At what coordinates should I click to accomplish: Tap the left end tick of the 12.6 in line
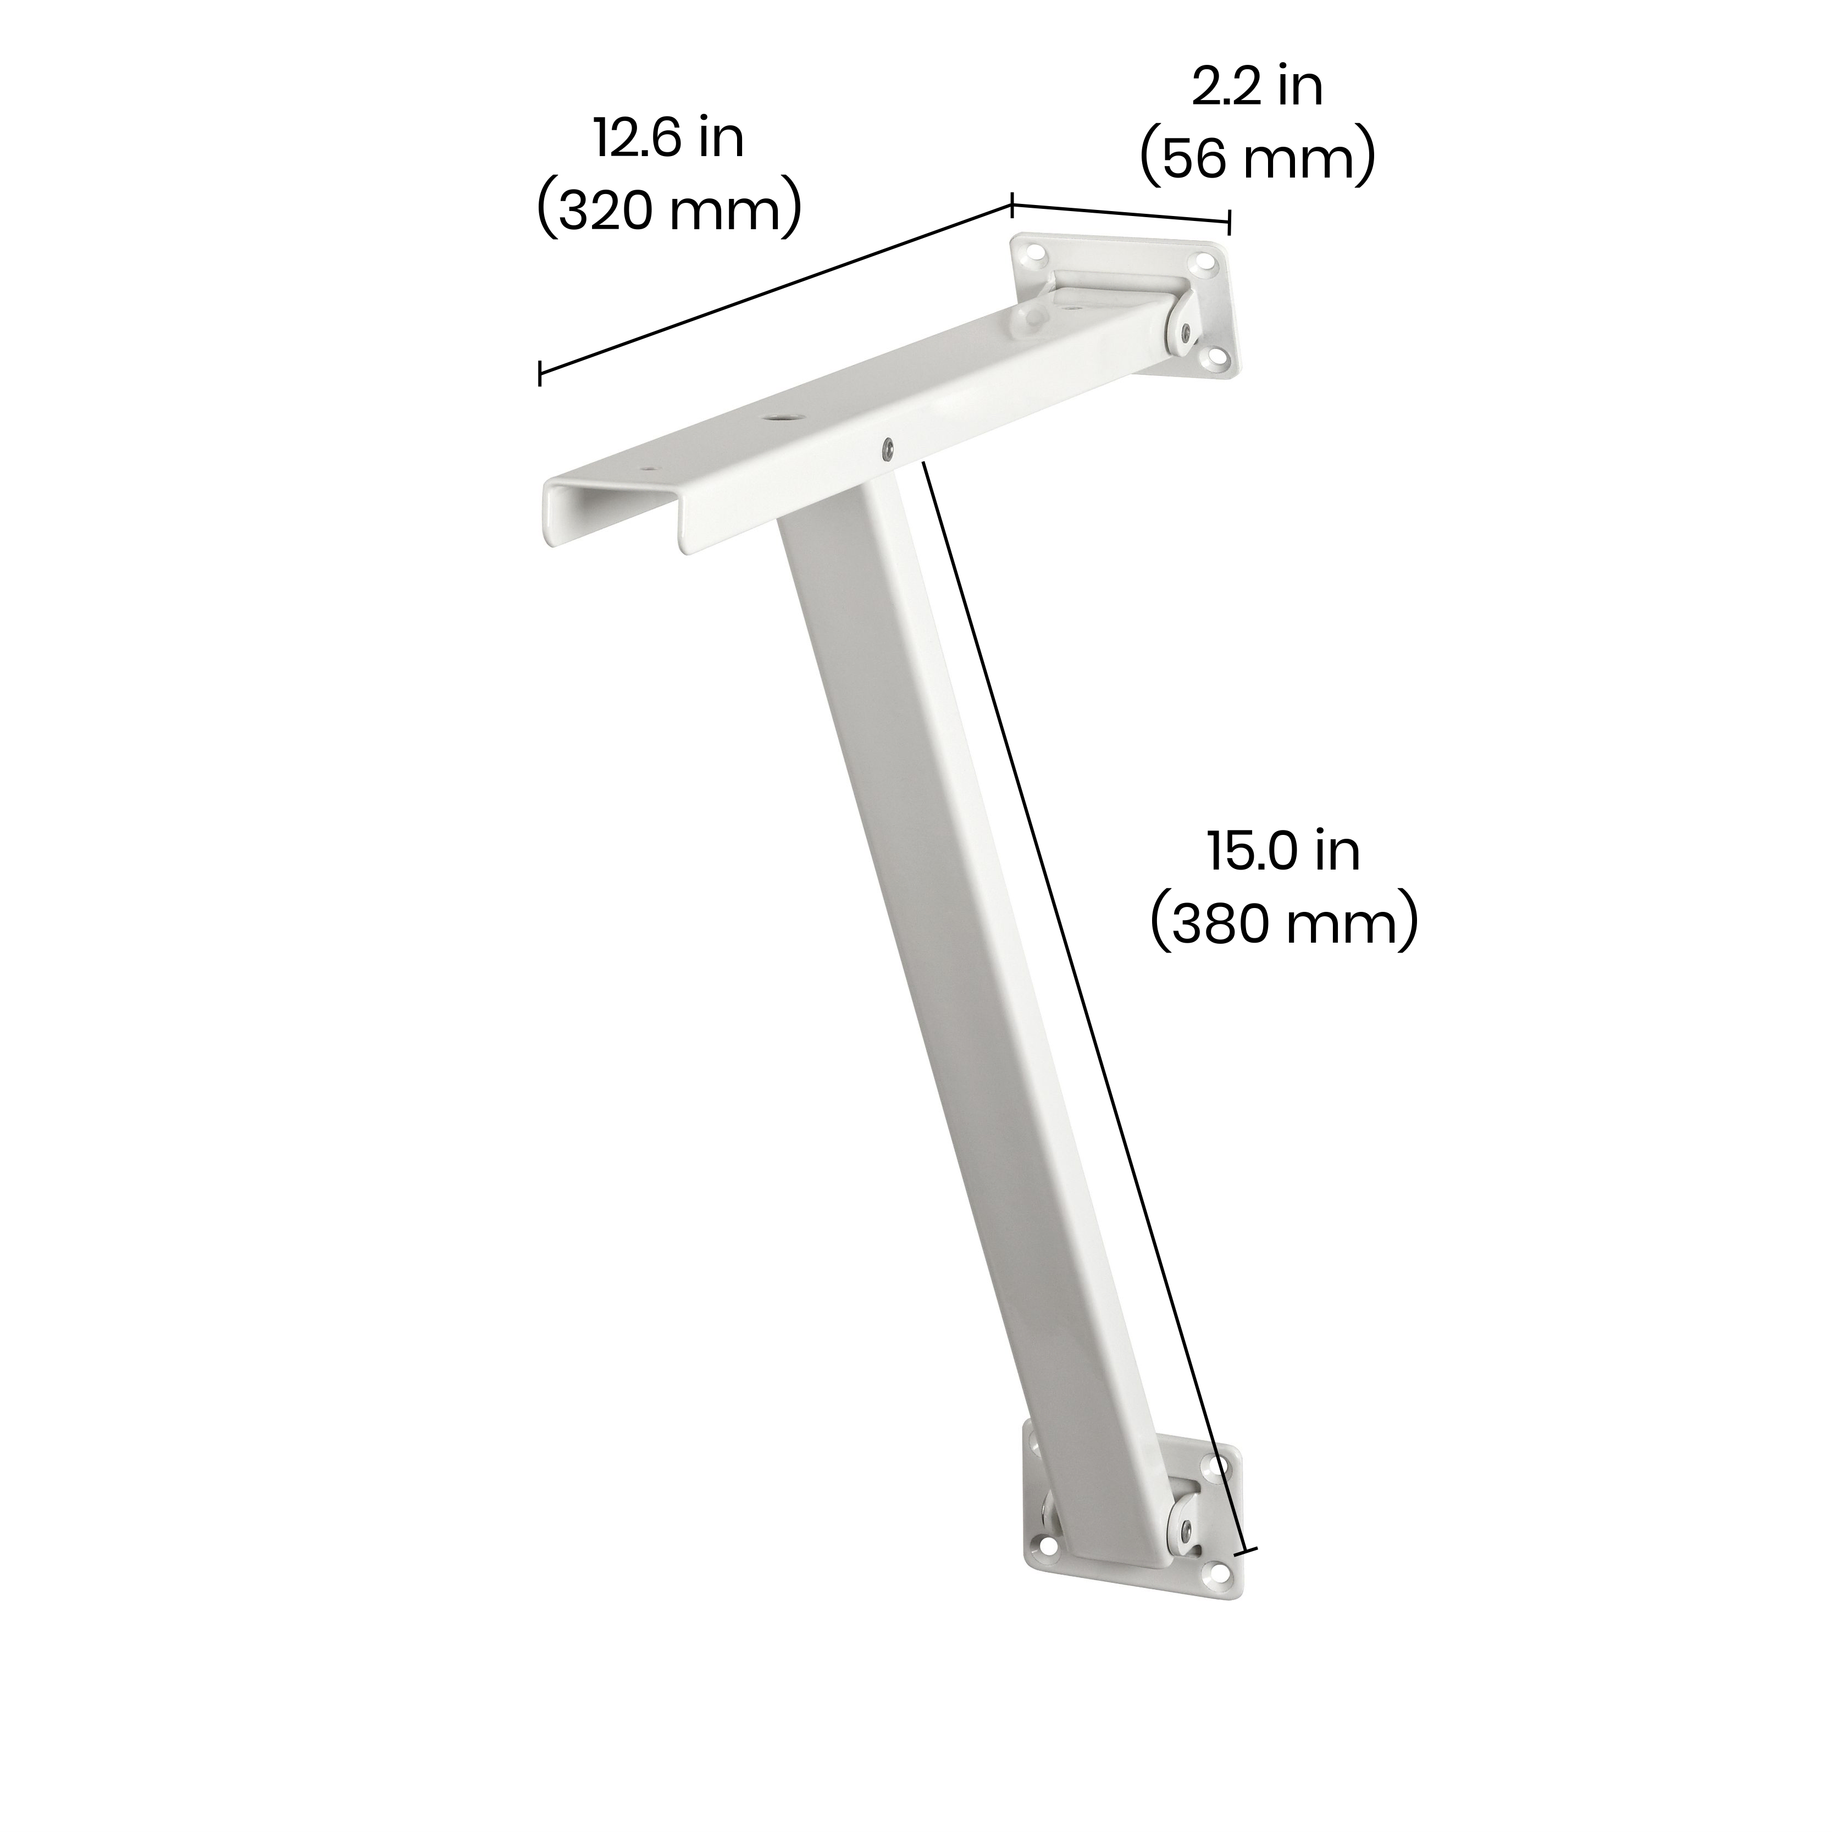[540, 374]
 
